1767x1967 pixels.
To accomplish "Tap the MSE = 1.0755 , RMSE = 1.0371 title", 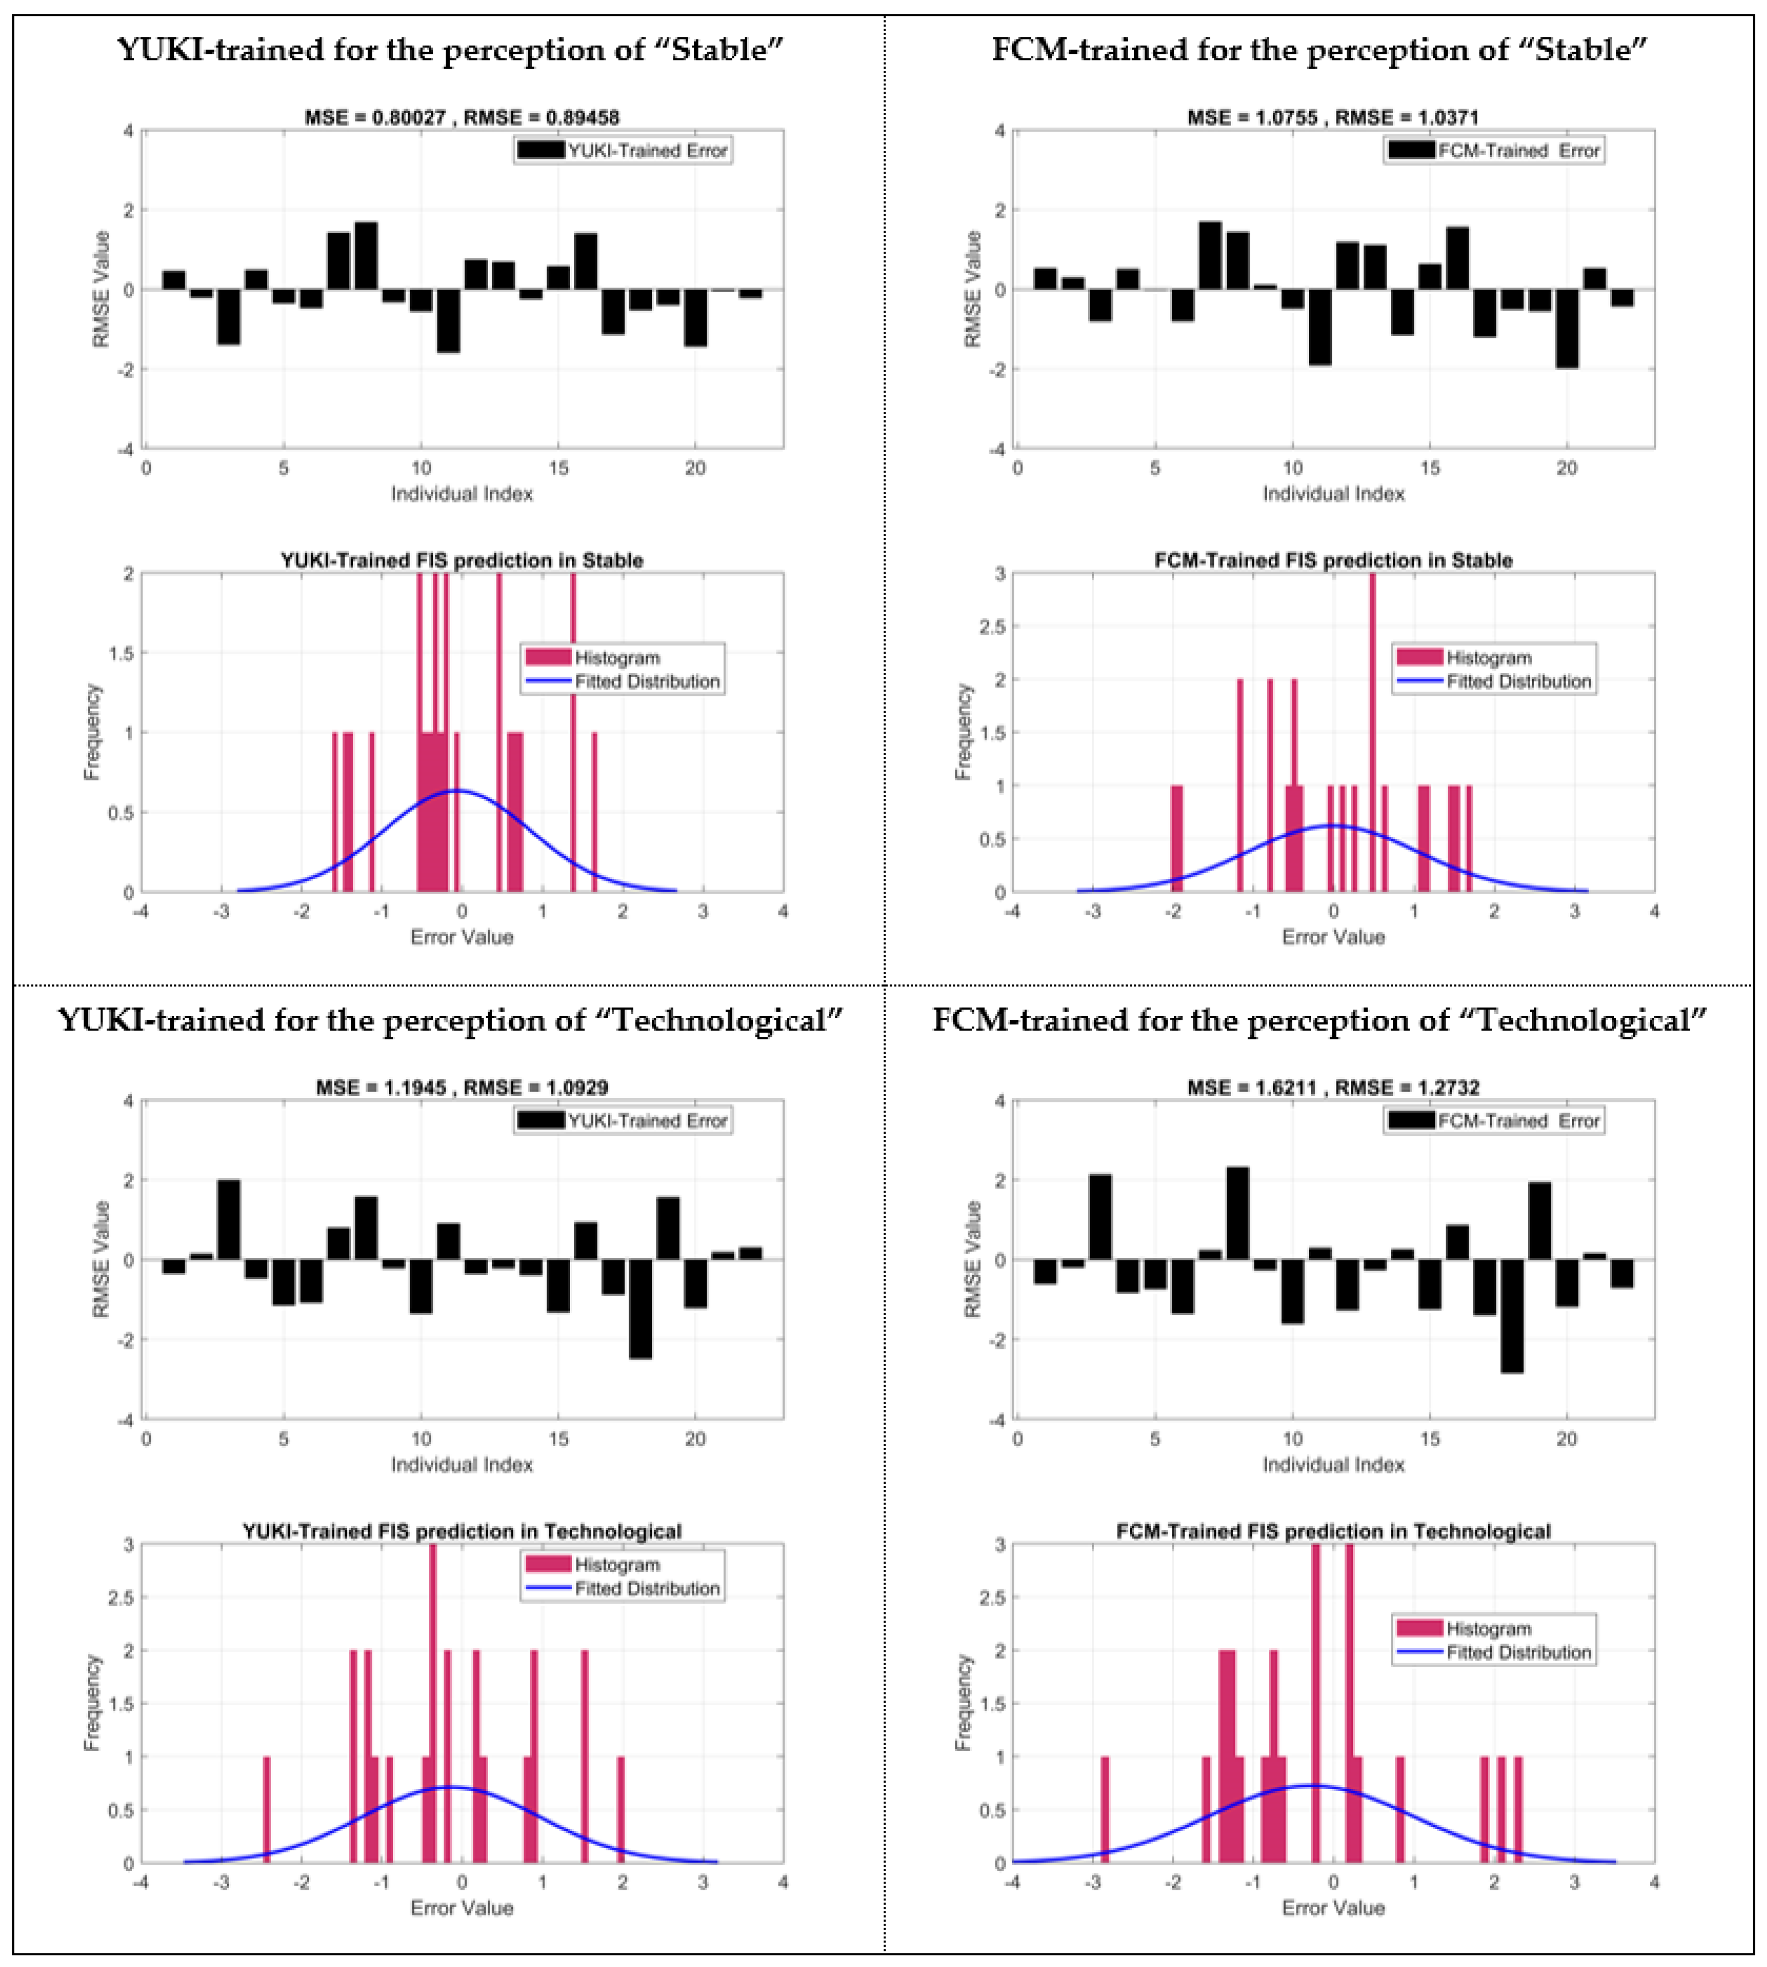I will [1332, 117].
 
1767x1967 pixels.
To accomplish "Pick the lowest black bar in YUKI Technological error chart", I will [640, 1308].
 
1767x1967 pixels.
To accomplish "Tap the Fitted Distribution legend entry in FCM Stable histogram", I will [1518, 681].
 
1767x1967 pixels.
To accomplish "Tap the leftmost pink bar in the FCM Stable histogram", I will [1177, 838].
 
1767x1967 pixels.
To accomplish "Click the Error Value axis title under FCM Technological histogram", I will [1332, 1908].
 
